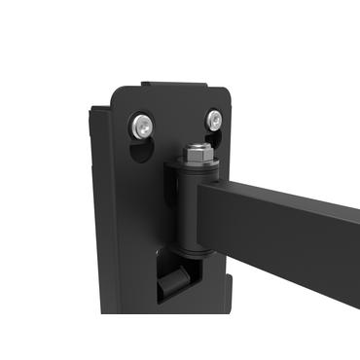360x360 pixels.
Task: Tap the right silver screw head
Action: [213, 121]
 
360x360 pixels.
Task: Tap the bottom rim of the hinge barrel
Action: [189, 254]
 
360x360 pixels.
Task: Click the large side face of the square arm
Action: [282, 234]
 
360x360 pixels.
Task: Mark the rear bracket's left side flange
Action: [100, 214]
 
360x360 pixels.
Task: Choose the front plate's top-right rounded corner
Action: [230, 91]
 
